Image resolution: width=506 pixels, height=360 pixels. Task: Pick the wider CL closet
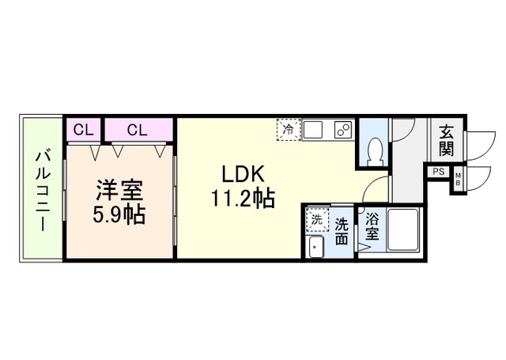tap(137, 130)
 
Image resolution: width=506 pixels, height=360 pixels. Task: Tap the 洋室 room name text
tap(119, 190)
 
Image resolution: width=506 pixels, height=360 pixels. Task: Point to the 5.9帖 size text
tap(120, 214)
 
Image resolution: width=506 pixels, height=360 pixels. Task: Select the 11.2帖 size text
tap(242, 198)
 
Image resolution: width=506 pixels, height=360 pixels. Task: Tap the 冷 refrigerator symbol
tap(288, 129)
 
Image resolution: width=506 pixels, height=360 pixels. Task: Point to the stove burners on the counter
tap(342, 129)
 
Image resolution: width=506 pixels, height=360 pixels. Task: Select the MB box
tap(458, 181)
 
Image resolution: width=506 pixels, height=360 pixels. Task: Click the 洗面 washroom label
tap(342, 231)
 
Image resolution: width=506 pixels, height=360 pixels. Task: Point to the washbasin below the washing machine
tap(315, 247)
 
